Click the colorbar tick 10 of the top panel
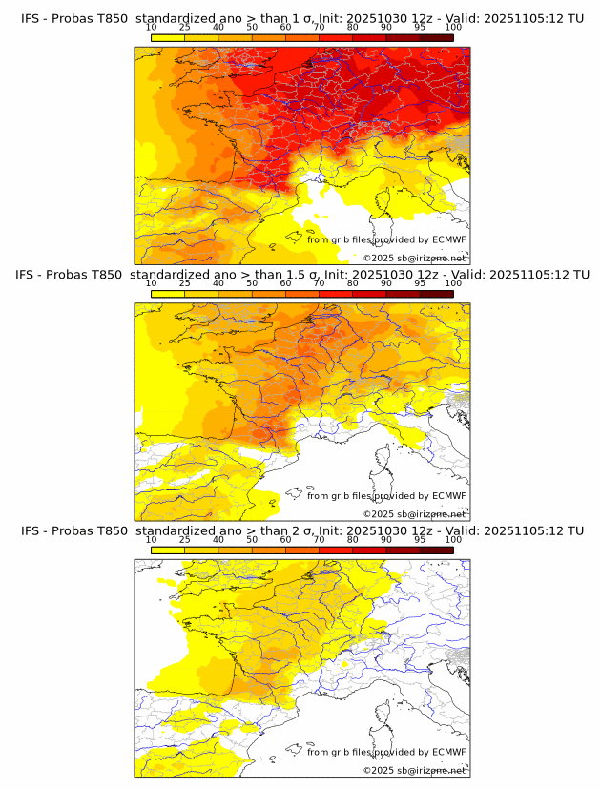click(x=152, y=27)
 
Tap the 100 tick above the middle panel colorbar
click(x=453, y=283)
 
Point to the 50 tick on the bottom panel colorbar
click(x=252, y=540)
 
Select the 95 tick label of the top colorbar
click(x=420, y=27)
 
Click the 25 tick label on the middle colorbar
click(x=185, y=283)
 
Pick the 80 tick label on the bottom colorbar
click(x=353, y=540)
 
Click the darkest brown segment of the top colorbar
click(x=437, y=37)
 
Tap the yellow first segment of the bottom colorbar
click(x=168, y=551)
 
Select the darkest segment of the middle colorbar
click(x=437, y=294)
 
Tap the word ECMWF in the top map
click(x=448, y=239)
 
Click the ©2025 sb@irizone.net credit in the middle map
click(x=414, y=514)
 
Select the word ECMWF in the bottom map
click(x=448, y=753)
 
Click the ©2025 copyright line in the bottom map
click(x=414, y=770)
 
